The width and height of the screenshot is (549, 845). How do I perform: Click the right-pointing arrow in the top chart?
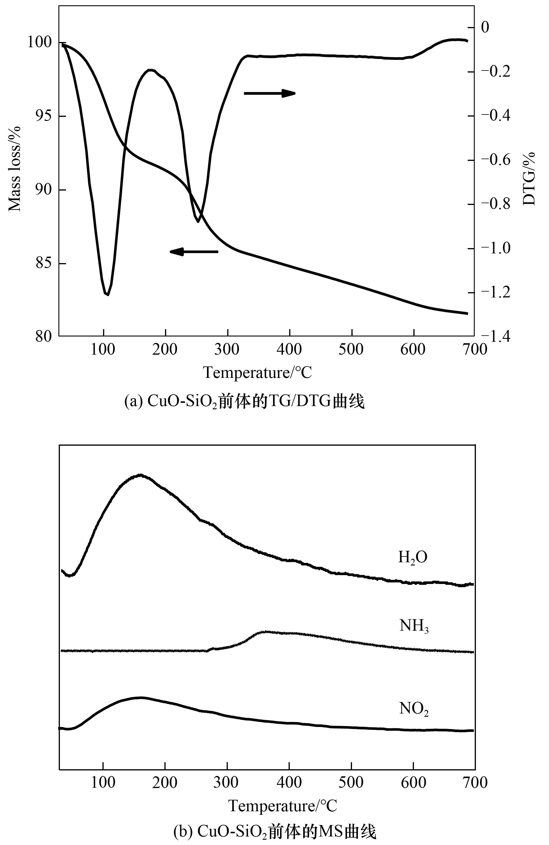pos(270,93)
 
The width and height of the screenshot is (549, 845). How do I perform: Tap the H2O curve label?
pos(412,557)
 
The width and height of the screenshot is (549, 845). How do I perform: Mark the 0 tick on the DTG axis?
pos(485,27)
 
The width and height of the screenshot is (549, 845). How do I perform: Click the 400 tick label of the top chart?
pos(289,349)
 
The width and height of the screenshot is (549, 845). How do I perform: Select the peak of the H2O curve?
pos(141,475)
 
